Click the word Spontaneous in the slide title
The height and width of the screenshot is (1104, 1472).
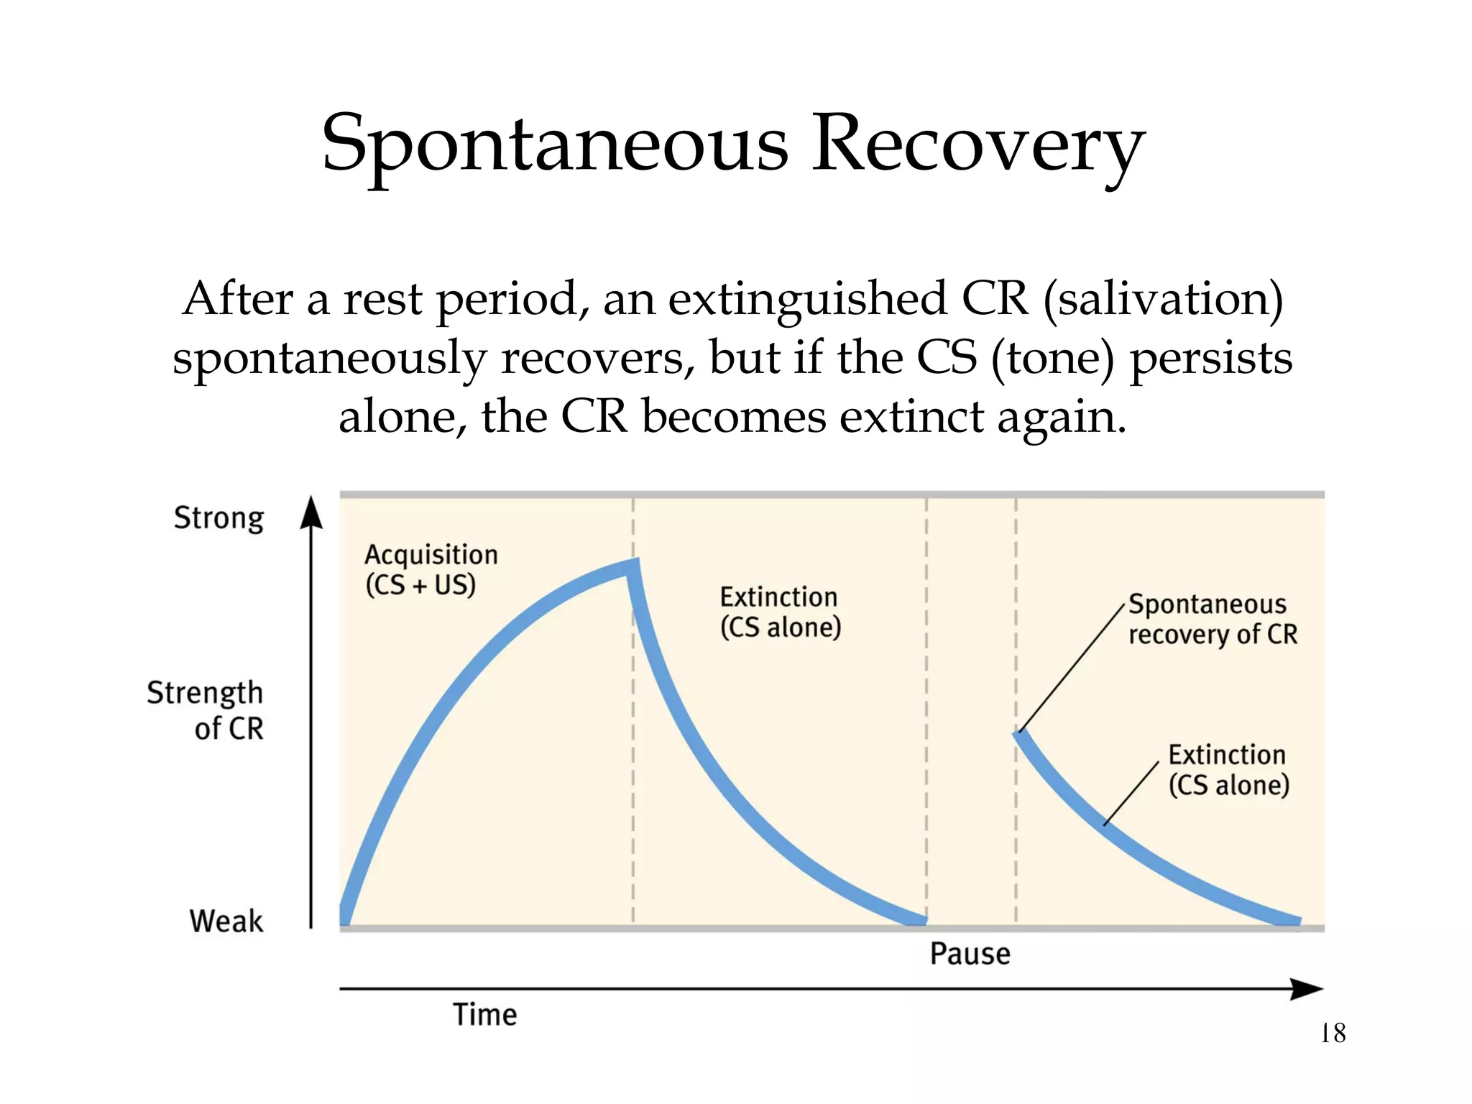(x=553, y=146)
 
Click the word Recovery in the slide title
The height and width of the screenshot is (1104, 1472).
(x=977, y=146)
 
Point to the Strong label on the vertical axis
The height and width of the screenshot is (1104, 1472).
(x=219, y=518)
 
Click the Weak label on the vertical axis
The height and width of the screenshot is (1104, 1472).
(x=226, y=921)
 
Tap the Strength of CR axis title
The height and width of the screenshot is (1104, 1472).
(x=206, y=710)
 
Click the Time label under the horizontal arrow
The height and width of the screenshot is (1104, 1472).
(x=484, y=1015)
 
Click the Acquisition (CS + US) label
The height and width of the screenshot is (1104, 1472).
(x=430, y=569)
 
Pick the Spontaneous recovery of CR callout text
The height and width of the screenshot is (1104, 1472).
(x=1213, y=619)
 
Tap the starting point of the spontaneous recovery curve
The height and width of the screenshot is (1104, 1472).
(x=1020, y=734)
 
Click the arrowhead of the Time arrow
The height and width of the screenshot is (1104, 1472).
(x=1307, y=989)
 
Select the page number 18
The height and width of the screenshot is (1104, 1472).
(x=1333, y=1034)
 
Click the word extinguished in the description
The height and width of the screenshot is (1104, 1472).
(x=808, y=299)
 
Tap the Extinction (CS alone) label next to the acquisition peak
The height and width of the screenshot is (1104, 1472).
(x=780, y=612)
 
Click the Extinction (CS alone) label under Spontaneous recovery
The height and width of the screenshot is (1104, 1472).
(x=1228, y=770)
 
